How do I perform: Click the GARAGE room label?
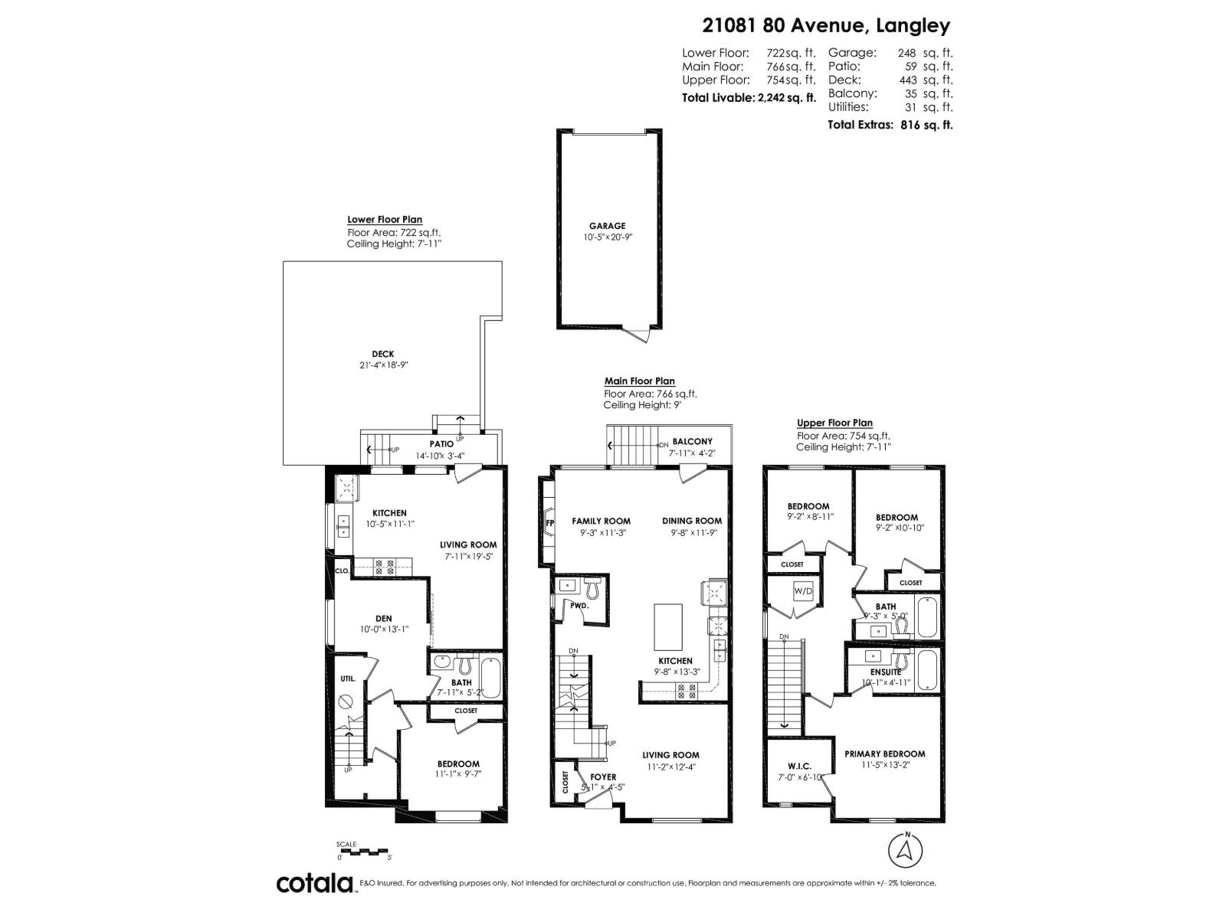(x=607, y=226)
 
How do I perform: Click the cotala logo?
(x=314, y=883)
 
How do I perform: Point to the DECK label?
(x=382, y=354)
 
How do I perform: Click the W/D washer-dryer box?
(x=802, y=591)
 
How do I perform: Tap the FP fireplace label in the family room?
(x=549, y=524)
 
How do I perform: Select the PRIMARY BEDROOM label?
(x=884, y=754)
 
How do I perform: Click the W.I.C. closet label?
(x=798, y=767)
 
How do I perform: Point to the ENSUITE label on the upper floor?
(x=885, y=672)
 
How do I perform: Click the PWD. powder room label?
(x=579, y=605)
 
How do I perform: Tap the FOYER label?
(x=603, y=777)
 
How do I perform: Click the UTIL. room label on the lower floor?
(x=347, y=679)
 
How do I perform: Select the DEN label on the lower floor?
(x=383, y=619)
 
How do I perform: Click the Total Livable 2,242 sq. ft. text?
(x=749, y=98)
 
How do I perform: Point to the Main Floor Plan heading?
(x=639, y=381)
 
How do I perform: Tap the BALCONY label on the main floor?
(x=692, y=441)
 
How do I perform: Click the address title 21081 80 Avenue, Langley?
(x=826, y=25)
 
